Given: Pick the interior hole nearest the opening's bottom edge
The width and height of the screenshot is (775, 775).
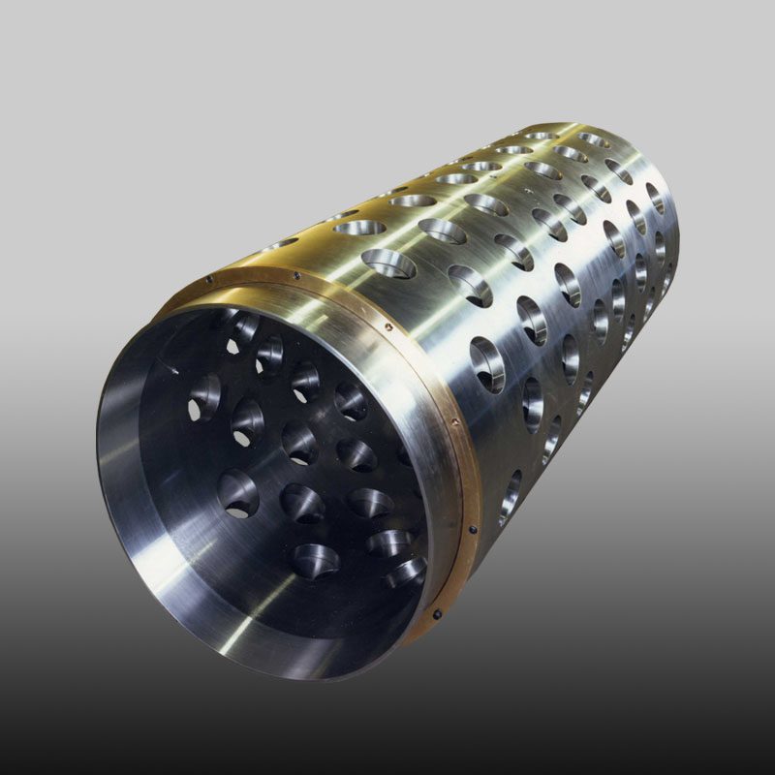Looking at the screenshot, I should click(x=316, y=560).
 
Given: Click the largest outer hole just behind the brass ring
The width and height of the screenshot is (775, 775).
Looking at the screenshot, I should click(x=387, y=263).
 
